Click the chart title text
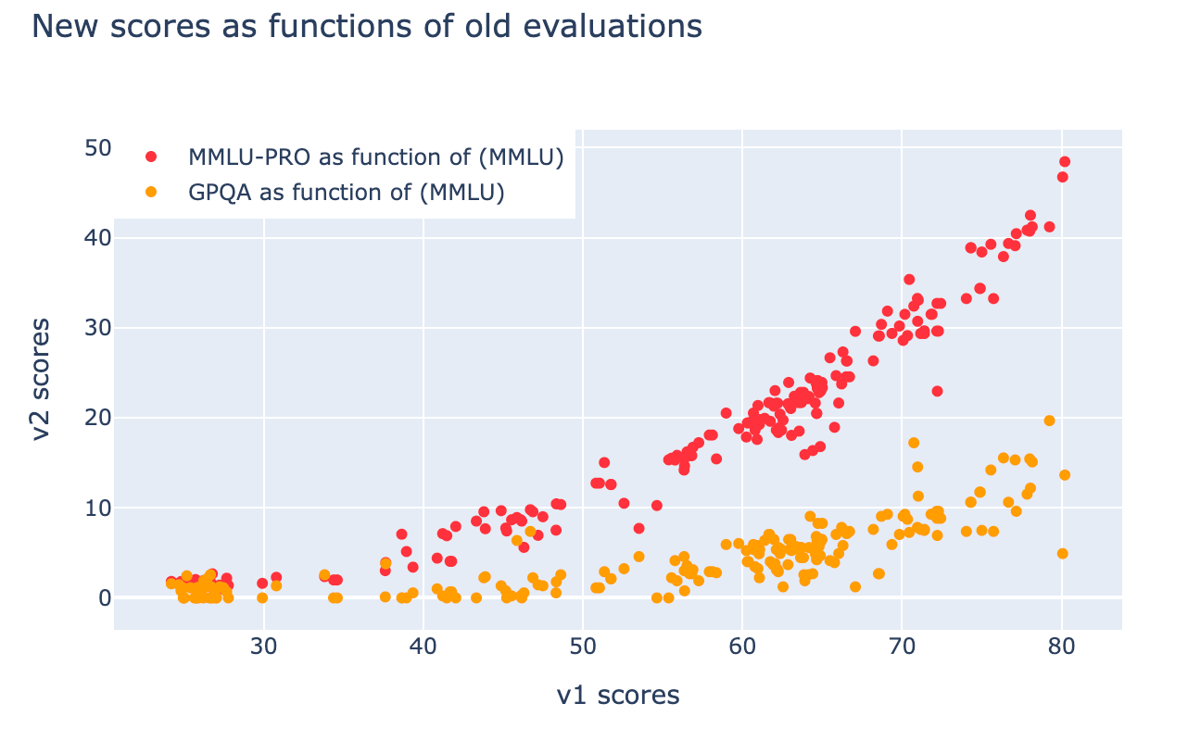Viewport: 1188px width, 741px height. [367, 27]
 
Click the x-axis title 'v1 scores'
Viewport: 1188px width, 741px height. [617, 696]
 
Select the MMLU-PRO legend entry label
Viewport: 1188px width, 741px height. [376, 157]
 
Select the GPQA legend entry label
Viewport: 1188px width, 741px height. [346, 193]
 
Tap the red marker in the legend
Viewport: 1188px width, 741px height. [152, 157]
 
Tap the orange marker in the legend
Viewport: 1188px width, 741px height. [152, 193]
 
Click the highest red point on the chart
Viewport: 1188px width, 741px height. [1065, 162]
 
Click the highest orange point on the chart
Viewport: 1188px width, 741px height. [1050, 421]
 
